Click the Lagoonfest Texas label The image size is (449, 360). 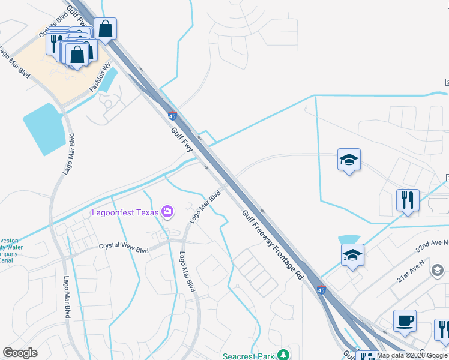[125, 212]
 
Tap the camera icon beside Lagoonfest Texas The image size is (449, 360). [167, 211]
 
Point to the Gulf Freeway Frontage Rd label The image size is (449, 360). [273, 244]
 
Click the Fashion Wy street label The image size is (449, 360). [101, 78]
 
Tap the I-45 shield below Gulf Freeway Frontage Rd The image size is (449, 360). [321, 290]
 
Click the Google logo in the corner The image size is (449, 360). [20, 353]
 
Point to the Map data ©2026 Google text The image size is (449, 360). [412, 356]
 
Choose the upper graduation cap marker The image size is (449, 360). [349, 160]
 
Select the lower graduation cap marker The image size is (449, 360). [352, 254]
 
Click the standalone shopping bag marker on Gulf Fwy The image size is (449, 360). [105, 29]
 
